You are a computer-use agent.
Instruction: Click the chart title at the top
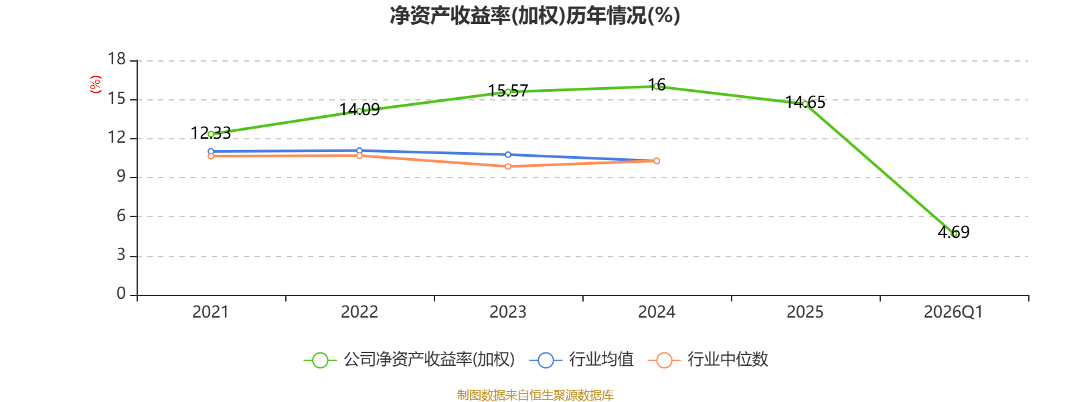535,16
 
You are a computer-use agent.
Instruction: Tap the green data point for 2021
211,135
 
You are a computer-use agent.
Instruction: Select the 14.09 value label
359,110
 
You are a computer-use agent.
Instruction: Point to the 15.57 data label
508,90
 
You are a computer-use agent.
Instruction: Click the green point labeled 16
657,86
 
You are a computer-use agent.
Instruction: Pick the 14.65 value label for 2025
805,102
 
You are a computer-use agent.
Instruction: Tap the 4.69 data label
953,232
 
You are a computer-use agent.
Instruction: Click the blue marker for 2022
359,151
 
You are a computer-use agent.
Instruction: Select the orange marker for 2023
508,167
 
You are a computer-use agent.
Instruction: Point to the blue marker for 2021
211,151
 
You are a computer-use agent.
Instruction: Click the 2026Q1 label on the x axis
953,312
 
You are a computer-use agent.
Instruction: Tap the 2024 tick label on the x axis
657,312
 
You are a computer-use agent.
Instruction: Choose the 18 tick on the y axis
116,59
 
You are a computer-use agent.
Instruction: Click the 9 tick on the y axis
121,177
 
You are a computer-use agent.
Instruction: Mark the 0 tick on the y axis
121,293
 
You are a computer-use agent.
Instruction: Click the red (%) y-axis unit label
96,84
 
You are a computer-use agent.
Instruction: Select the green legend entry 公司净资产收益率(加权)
409,359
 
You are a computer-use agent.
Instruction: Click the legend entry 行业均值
582,359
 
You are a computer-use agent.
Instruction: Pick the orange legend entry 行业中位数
708,359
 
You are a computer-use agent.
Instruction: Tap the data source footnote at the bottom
535,395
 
